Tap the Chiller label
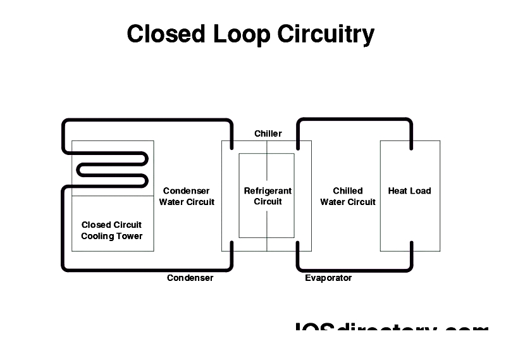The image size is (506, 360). pyautogui.click(x=268, y=133)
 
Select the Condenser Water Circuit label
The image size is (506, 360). pyautogui.click(x=187, y=196)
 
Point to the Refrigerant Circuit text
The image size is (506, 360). pyautogui.click(x=268, y=196)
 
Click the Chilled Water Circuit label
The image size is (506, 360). pyautogui.click(x=348, y=196)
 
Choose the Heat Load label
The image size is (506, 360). pyautogui.click(x=409, y=190)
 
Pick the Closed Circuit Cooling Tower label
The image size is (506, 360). pyautogui.click(x=112, y=230)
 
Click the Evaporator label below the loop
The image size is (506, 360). pyautogui.click(x=328, y=278)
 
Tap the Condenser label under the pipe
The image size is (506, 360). pyautogui.click(x=190, y=278)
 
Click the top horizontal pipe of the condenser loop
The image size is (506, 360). pyautogui.click(x=145, y=120)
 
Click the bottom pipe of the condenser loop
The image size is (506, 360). pyautogui.click(x=145, y=269)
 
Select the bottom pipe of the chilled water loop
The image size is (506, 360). pyautogui.click(x=354, y=269)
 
